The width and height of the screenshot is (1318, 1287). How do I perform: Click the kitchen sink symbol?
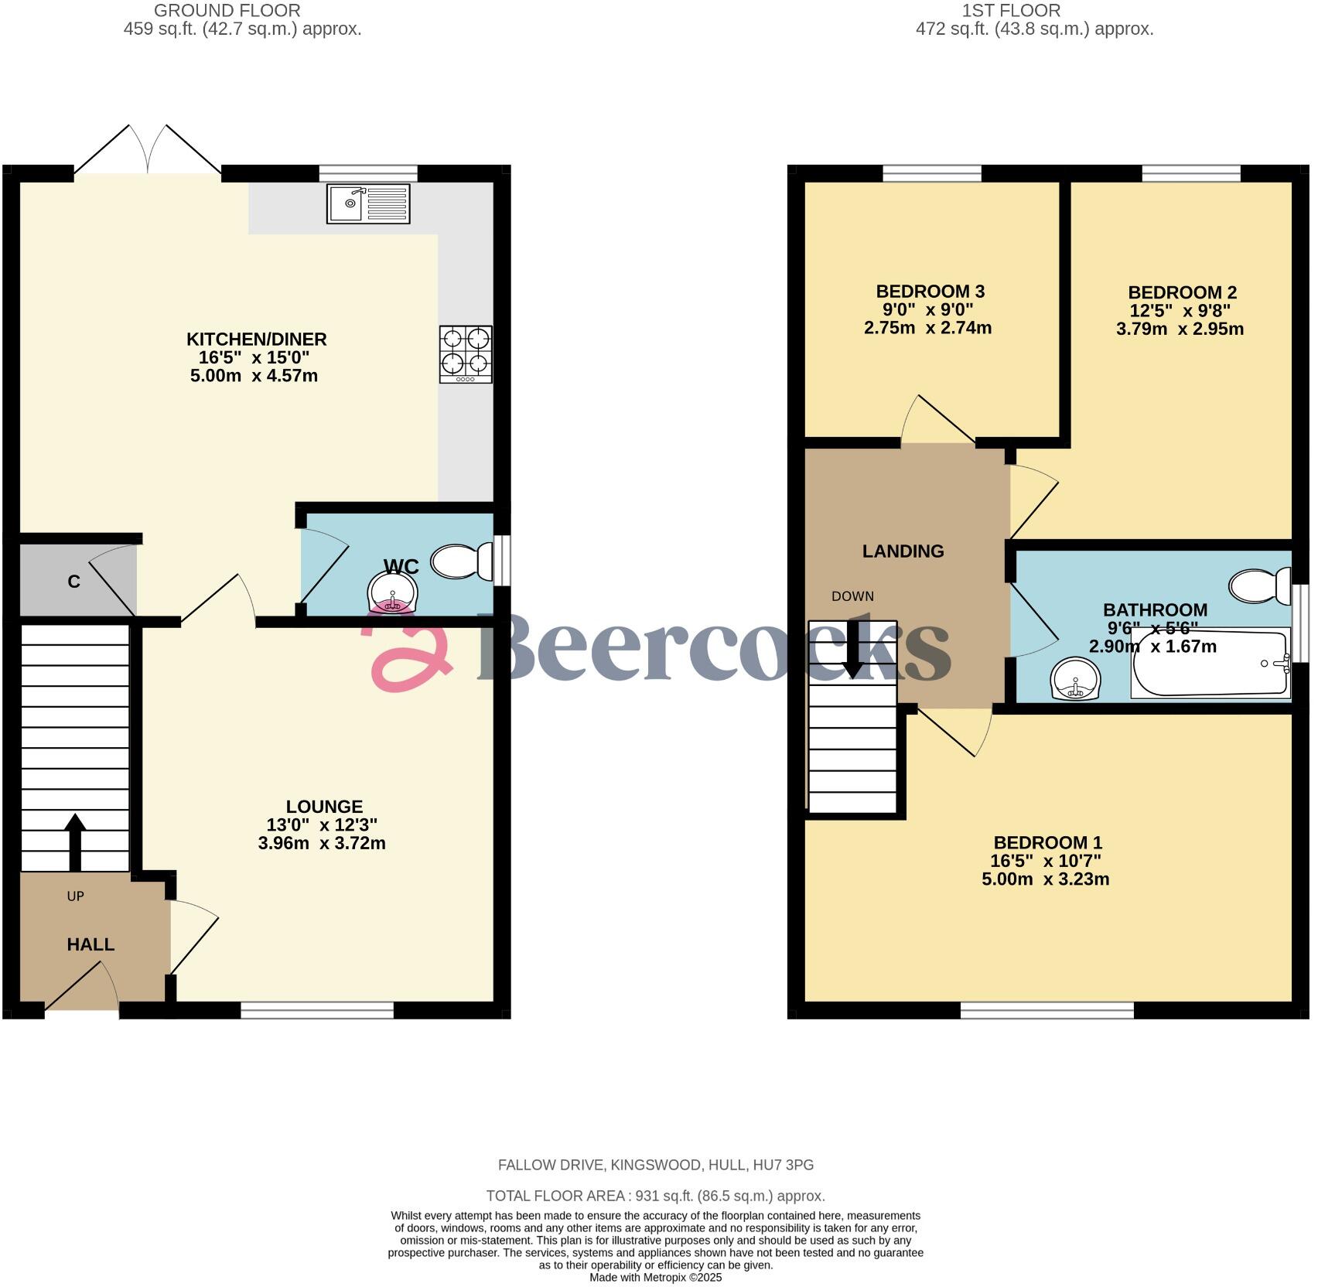pos(368,203)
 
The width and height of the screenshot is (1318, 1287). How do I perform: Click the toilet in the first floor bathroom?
pos(1261,585)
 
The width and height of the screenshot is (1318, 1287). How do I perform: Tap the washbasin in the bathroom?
pos(1076,678)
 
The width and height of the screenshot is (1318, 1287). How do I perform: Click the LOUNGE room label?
pos(324,807)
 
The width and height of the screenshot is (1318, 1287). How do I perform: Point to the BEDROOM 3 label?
pos(930,292)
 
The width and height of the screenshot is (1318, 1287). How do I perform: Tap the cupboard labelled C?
pos(74,582)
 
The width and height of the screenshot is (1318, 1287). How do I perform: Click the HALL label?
pos(90,944)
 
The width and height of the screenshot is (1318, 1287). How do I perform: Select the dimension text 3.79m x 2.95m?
pos(1180,329)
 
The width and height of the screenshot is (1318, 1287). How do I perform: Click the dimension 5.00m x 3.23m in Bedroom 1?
pos(1045,879)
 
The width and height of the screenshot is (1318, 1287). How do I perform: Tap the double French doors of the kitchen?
pos(148,152)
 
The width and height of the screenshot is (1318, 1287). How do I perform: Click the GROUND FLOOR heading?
pos(227,11)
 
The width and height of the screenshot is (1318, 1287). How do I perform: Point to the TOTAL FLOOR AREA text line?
pos(655,1196)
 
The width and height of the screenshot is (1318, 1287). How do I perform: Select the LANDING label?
pos(903,551)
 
